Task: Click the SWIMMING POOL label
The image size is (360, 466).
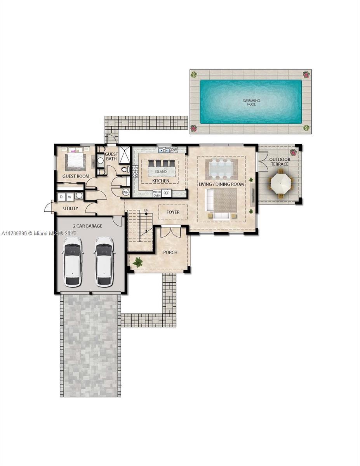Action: [x=251, y=103]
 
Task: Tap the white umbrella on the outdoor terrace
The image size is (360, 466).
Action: [x=280, y=183]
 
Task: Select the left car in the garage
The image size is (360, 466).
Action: [x=73, y=262]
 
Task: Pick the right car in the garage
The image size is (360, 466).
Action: [x=104, y=262]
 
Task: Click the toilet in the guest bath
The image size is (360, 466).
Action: [x=125, y=169]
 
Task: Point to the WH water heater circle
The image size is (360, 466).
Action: [x=125, y=192]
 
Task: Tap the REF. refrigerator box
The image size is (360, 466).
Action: [x=166, y=193]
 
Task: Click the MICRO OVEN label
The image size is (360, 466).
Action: [x=157, y=193]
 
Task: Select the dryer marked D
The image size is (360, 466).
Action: [x=61, y=197]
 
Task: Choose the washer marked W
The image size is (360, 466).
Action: [x=70, y=197]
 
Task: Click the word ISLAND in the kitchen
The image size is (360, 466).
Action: [x=161, y=171]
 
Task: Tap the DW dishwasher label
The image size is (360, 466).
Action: [x=174, y=149]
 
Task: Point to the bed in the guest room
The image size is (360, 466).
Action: [x=75, y=161]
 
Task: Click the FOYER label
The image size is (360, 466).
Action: [x=173, y=212]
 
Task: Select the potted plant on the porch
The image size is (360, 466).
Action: [x=137, y=262]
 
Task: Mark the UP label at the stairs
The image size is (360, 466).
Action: [x=146, y=210]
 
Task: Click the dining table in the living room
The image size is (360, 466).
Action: [x=221, y=169]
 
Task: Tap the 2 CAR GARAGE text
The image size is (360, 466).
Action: [x=87, y=226]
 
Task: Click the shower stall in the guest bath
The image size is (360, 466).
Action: [x=125, y=155]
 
